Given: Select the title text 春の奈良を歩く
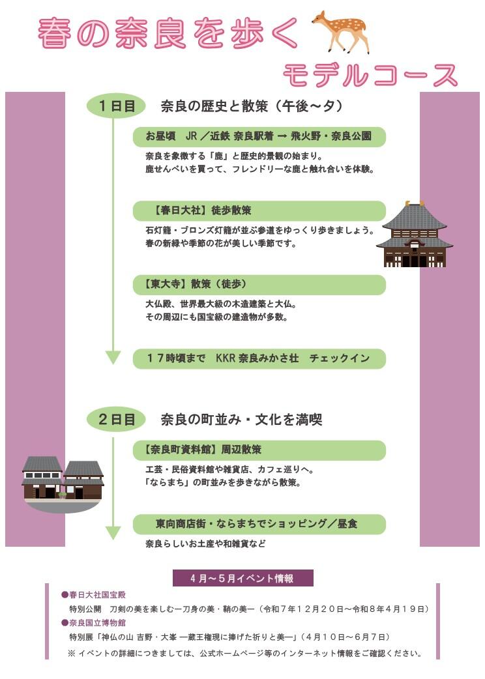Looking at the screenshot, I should click(x=168, y=34).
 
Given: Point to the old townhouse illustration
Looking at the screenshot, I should click(x=63, y=478).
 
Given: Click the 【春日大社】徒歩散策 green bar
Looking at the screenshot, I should click(x=259, y=211).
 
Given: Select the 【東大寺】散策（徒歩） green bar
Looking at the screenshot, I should click(x=259, y=285).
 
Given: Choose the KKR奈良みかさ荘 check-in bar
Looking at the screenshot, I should click(x=259, y=358).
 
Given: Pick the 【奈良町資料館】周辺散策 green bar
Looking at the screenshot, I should click(x=259, y=450).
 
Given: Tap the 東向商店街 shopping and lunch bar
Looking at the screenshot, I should click(x=259, y=524).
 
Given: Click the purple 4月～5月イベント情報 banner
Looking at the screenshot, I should click(x=242, y=578).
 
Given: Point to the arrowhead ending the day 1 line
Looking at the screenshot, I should click(x=113, y=357).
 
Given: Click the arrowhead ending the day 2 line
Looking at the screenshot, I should click(x=113, y=532).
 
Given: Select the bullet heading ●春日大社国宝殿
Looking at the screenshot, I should click(x=93, y=595).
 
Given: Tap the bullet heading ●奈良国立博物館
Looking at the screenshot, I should click(x=93, y=622).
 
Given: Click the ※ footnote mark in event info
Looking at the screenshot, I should click(x=72, y=653).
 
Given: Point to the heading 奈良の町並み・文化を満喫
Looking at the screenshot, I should click(x=241, y=420).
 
